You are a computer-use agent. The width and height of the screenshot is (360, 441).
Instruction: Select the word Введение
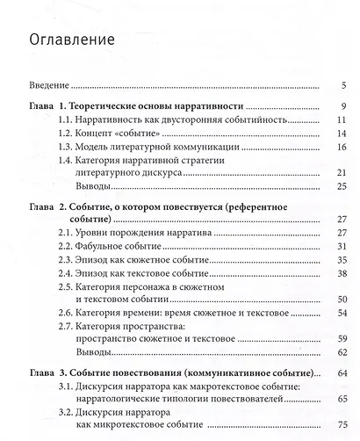(46, 86)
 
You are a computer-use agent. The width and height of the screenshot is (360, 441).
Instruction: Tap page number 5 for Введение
(345, 86)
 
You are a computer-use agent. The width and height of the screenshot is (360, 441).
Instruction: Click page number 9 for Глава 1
(345, 106)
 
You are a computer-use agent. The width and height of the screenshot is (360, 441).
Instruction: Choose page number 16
(342, 148)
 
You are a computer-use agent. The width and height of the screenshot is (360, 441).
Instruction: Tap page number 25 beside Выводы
(342, 187)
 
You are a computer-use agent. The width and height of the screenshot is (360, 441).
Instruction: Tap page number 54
(342, 314)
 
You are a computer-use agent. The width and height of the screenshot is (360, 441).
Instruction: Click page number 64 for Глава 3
(342, 373)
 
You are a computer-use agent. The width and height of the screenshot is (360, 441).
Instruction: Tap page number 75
(342, 426)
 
